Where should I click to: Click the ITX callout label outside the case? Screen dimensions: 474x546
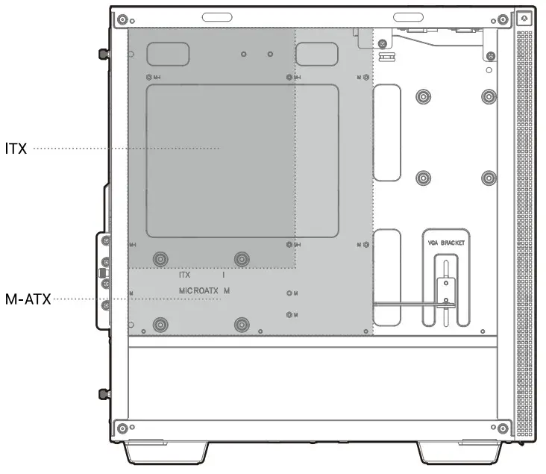16,149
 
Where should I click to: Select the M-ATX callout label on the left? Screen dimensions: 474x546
27,300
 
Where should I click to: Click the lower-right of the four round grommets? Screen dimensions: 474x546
489,178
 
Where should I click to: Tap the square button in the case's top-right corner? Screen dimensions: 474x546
524,18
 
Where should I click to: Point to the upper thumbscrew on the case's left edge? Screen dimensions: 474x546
102,54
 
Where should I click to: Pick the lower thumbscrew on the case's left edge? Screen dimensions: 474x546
102,393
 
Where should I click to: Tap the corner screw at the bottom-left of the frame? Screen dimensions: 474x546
122,428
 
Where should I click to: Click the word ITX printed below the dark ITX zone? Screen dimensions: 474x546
185,275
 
